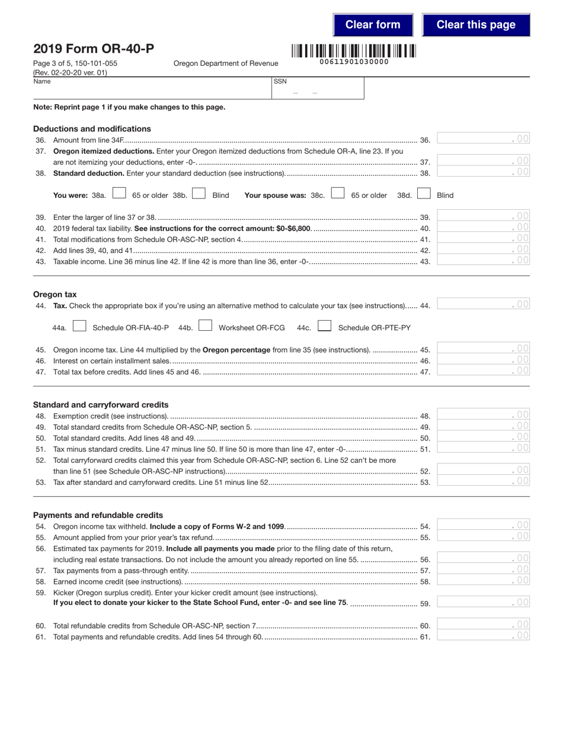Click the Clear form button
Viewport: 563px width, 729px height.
[373, 25]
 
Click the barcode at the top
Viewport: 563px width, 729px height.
[354, 51]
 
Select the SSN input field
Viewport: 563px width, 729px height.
[318, 88]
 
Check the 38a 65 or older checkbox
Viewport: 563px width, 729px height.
[119, 193]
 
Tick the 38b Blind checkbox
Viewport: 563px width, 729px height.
[199, 193]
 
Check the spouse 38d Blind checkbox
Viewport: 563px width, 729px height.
[424, 193]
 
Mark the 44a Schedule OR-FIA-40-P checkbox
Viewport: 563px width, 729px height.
[79, 326]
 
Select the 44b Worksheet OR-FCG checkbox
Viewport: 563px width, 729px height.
[206, 326]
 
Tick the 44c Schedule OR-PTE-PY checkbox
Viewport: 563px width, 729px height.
[324, 326]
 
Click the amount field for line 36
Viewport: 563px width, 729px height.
[483, 139]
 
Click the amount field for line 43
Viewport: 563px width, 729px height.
[483, 260]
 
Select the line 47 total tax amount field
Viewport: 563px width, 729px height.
[483, 371]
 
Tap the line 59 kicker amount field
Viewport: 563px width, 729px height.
[483, 602]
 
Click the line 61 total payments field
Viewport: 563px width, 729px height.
[483, 636]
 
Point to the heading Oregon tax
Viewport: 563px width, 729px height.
[55, 294]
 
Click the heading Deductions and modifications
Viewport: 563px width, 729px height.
[92, 129]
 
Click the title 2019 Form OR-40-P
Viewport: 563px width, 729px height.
[93, 49]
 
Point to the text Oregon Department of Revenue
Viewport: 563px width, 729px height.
[225, 63]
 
